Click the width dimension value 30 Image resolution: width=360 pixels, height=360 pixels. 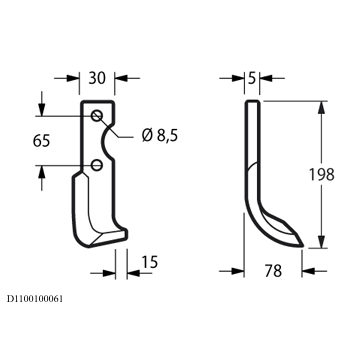point(97,78)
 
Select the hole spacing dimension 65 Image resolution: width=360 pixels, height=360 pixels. point(41,140)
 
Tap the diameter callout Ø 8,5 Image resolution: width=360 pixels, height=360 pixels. point(160,136)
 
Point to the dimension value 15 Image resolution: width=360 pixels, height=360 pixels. point(149,262)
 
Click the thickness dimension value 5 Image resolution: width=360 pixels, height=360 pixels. point(252,78)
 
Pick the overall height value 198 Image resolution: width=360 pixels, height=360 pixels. point(321,174)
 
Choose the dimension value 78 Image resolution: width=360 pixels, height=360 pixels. point(273,271)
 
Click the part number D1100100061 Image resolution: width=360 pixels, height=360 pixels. point(35,299)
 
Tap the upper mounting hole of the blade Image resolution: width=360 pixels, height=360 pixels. point(97,116)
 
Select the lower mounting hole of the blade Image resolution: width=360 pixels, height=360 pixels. point(97,165)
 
